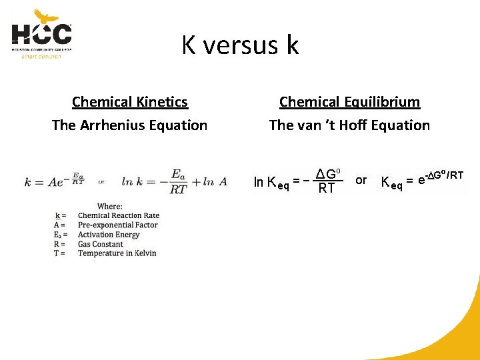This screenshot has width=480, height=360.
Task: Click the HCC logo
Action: coord(41,33)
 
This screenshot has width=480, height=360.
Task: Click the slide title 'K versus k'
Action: coord(240,45)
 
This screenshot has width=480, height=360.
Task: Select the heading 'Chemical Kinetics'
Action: coord(130,102)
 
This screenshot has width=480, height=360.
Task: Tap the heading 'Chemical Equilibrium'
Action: coord(349,102)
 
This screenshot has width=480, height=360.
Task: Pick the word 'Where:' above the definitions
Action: coord(109,206)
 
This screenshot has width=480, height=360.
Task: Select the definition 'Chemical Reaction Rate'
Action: coord(119,216)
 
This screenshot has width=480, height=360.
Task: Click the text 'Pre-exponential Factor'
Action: coord(117,225)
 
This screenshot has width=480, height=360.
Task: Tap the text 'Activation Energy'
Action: coord(109,235)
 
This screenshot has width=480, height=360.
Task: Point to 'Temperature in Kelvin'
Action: coord(117,253)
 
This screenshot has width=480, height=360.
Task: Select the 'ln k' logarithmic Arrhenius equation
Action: coord(175,181)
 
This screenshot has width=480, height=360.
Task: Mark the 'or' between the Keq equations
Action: coord(361,180)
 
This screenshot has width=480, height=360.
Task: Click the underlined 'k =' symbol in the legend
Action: coord(59,216)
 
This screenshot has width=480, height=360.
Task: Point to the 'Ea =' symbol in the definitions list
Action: coord(60,235)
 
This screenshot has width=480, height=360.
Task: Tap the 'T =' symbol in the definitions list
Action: coord(59,253)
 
